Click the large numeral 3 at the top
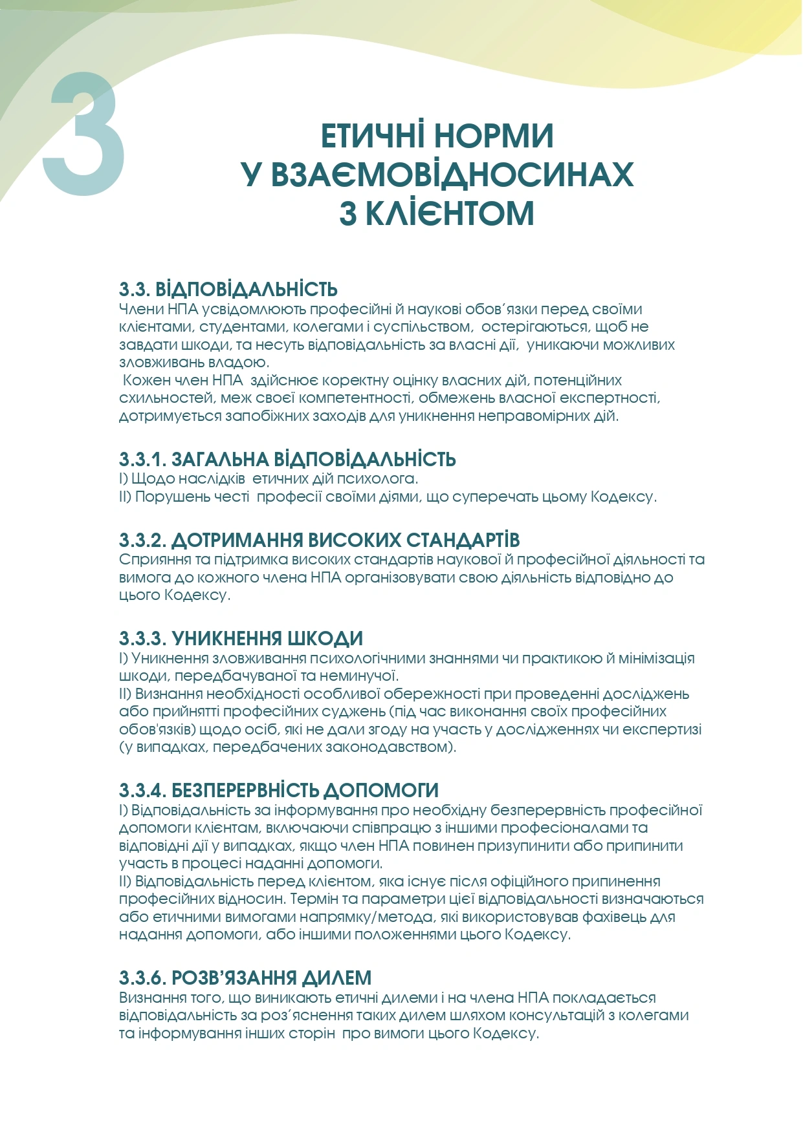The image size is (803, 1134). (84, 134)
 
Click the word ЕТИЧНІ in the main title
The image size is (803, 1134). (373, 136)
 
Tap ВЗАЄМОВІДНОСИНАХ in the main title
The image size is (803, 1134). (452, 175)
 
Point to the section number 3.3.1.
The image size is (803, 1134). (142, 460)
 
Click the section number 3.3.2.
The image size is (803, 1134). (142, 540)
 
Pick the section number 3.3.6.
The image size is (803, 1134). (142, 978)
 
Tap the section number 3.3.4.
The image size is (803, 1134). (142, 791)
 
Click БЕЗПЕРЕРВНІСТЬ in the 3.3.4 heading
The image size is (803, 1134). (245, 791)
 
